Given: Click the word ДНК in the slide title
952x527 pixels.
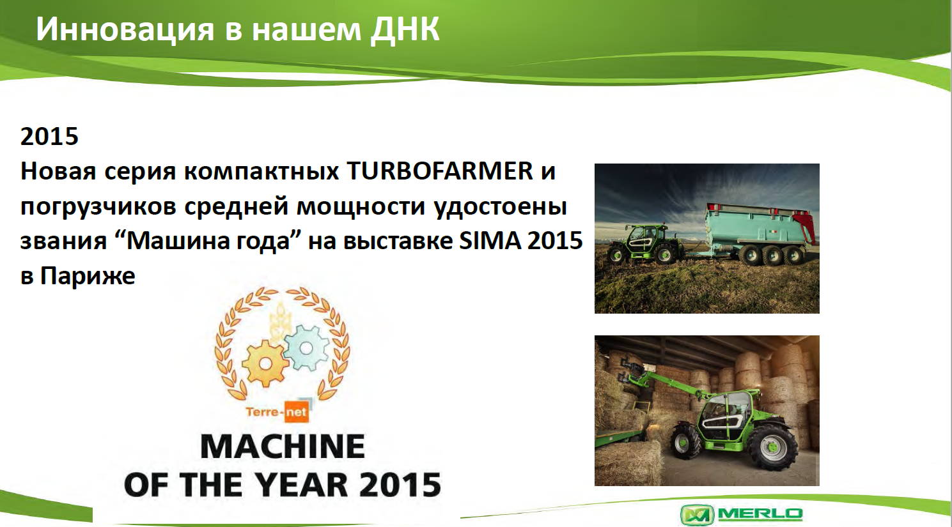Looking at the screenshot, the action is coord(404,30).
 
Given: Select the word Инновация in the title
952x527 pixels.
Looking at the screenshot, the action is coord(125,30).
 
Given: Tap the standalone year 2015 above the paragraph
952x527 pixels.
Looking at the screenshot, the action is coord(49,136).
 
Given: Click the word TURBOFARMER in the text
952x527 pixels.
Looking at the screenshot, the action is coord(440,171).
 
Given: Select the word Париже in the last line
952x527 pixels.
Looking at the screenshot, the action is coord(88,276).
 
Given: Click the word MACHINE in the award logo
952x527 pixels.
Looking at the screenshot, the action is coord(283,447).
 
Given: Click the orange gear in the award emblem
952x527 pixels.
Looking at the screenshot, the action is coord(265,363).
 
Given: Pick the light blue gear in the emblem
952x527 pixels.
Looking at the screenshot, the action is coord(306,348).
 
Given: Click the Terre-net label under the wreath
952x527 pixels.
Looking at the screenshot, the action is coord(277,411).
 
